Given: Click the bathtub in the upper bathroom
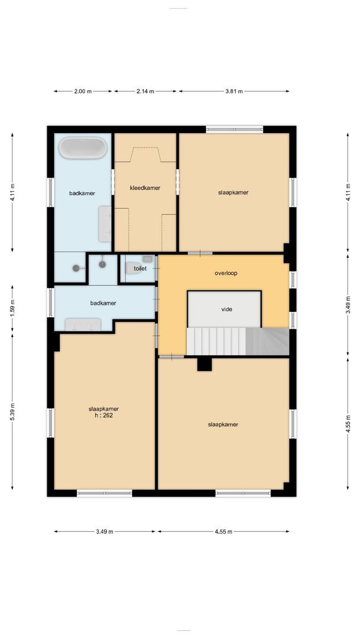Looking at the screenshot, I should [x=83, y=148].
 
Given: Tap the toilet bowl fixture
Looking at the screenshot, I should [x=133, y=268].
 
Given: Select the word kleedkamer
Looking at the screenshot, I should [x=145, y=188].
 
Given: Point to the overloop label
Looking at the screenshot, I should [x=226, y=273].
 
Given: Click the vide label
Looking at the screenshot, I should [x=226, y=309].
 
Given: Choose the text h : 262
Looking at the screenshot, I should [x=104, y=415].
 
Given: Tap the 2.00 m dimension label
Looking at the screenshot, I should [x=83, y=91].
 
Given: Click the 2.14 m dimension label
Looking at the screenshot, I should [x=145, y=91].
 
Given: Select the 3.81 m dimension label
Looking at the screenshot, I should [x=234, y=91].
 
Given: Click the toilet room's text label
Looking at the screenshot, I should [x=140, y=269].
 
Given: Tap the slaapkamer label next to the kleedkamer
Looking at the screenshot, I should [x=233, y=192].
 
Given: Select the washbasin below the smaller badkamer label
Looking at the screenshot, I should [x=83, y=324].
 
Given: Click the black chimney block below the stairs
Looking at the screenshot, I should [x=204, y=363].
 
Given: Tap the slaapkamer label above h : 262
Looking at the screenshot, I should [x=104, y=408].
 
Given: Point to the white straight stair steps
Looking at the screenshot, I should [x=216, y=341].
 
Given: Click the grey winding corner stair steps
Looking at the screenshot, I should [x=268, y=341].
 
